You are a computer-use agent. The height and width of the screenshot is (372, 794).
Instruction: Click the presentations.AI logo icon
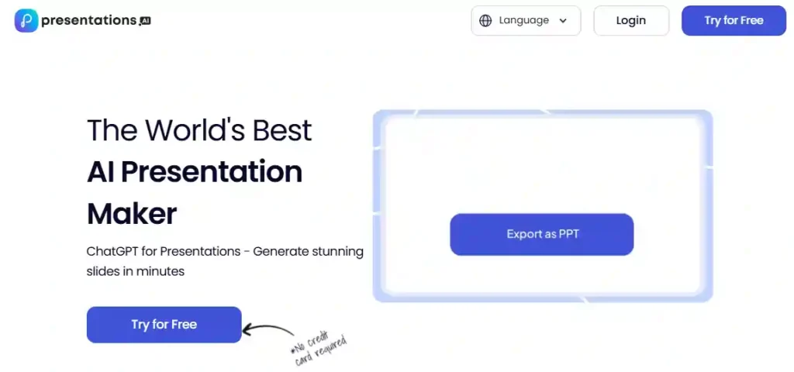pos(26,21)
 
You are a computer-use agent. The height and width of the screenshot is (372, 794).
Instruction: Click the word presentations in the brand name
pos(88,21)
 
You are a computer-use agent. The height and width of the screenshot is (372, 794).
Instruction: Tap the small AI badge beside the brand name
pos(145,22)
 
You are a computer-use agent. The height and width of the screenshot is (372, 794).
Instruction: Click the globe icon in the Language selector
pos(485,21)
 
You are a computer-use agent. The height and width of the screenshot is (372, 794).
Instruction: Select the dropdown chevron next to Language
pos(563,21)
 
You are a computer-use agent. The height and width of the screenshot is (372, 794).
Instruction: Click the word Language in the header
pos(523,21)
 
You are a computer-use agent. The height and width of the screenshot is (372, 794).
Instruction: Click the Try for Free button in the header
pos(734,21)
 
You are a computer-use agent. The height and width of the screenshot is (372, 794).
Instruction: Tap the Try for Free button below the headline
pos(164,324)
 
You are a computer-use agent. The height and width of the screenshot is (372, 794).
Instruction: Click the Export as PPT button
pos(541,234)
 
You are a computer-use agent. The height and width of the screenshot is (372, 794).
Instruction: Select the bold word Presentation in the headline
pos(211,171)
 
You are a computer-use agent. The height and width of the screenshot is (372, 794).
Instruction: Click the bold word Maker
pos(132,213)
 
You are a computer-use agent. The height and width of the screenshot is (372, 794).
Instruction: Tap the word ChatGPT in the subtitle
pos(115,252)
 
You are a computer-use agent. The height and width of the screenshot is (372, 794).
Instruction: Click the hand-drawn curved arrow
pos(268,329)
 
